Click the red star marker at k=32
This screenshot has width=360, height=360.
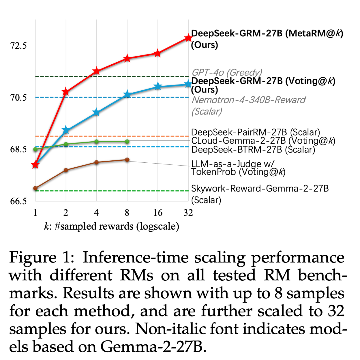coord(188,37)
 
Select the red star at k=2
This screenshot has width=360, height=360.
coord(66,92)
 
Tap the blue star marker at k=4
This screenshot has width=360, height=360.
coord(96,112)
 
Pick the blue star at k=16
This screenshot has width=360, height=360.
coord(158,87)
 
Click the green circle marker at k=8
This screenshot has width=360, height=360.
coord(127,142)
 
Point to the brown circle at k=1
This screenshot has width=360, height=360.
coord(35,188)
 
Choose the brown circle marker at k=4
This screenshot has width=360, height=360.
coord(96,162)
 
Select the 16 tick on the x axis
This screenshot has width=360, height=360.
coord(157,213)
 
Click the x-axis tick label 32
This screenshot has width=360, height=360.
coord(188,213)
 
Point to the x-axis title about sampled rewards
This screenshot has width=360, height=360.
coord(112,227)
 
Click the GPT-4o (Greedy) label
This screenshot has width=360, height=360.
coord(227,72)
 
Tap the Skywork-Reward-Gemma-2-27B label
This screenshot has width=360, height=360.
coord(260,189)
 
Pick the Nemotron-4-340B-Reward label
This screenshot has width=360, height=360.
coord(248,100)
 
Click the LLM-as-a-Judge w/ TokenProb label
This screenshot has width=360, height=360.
coord(238,167)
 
